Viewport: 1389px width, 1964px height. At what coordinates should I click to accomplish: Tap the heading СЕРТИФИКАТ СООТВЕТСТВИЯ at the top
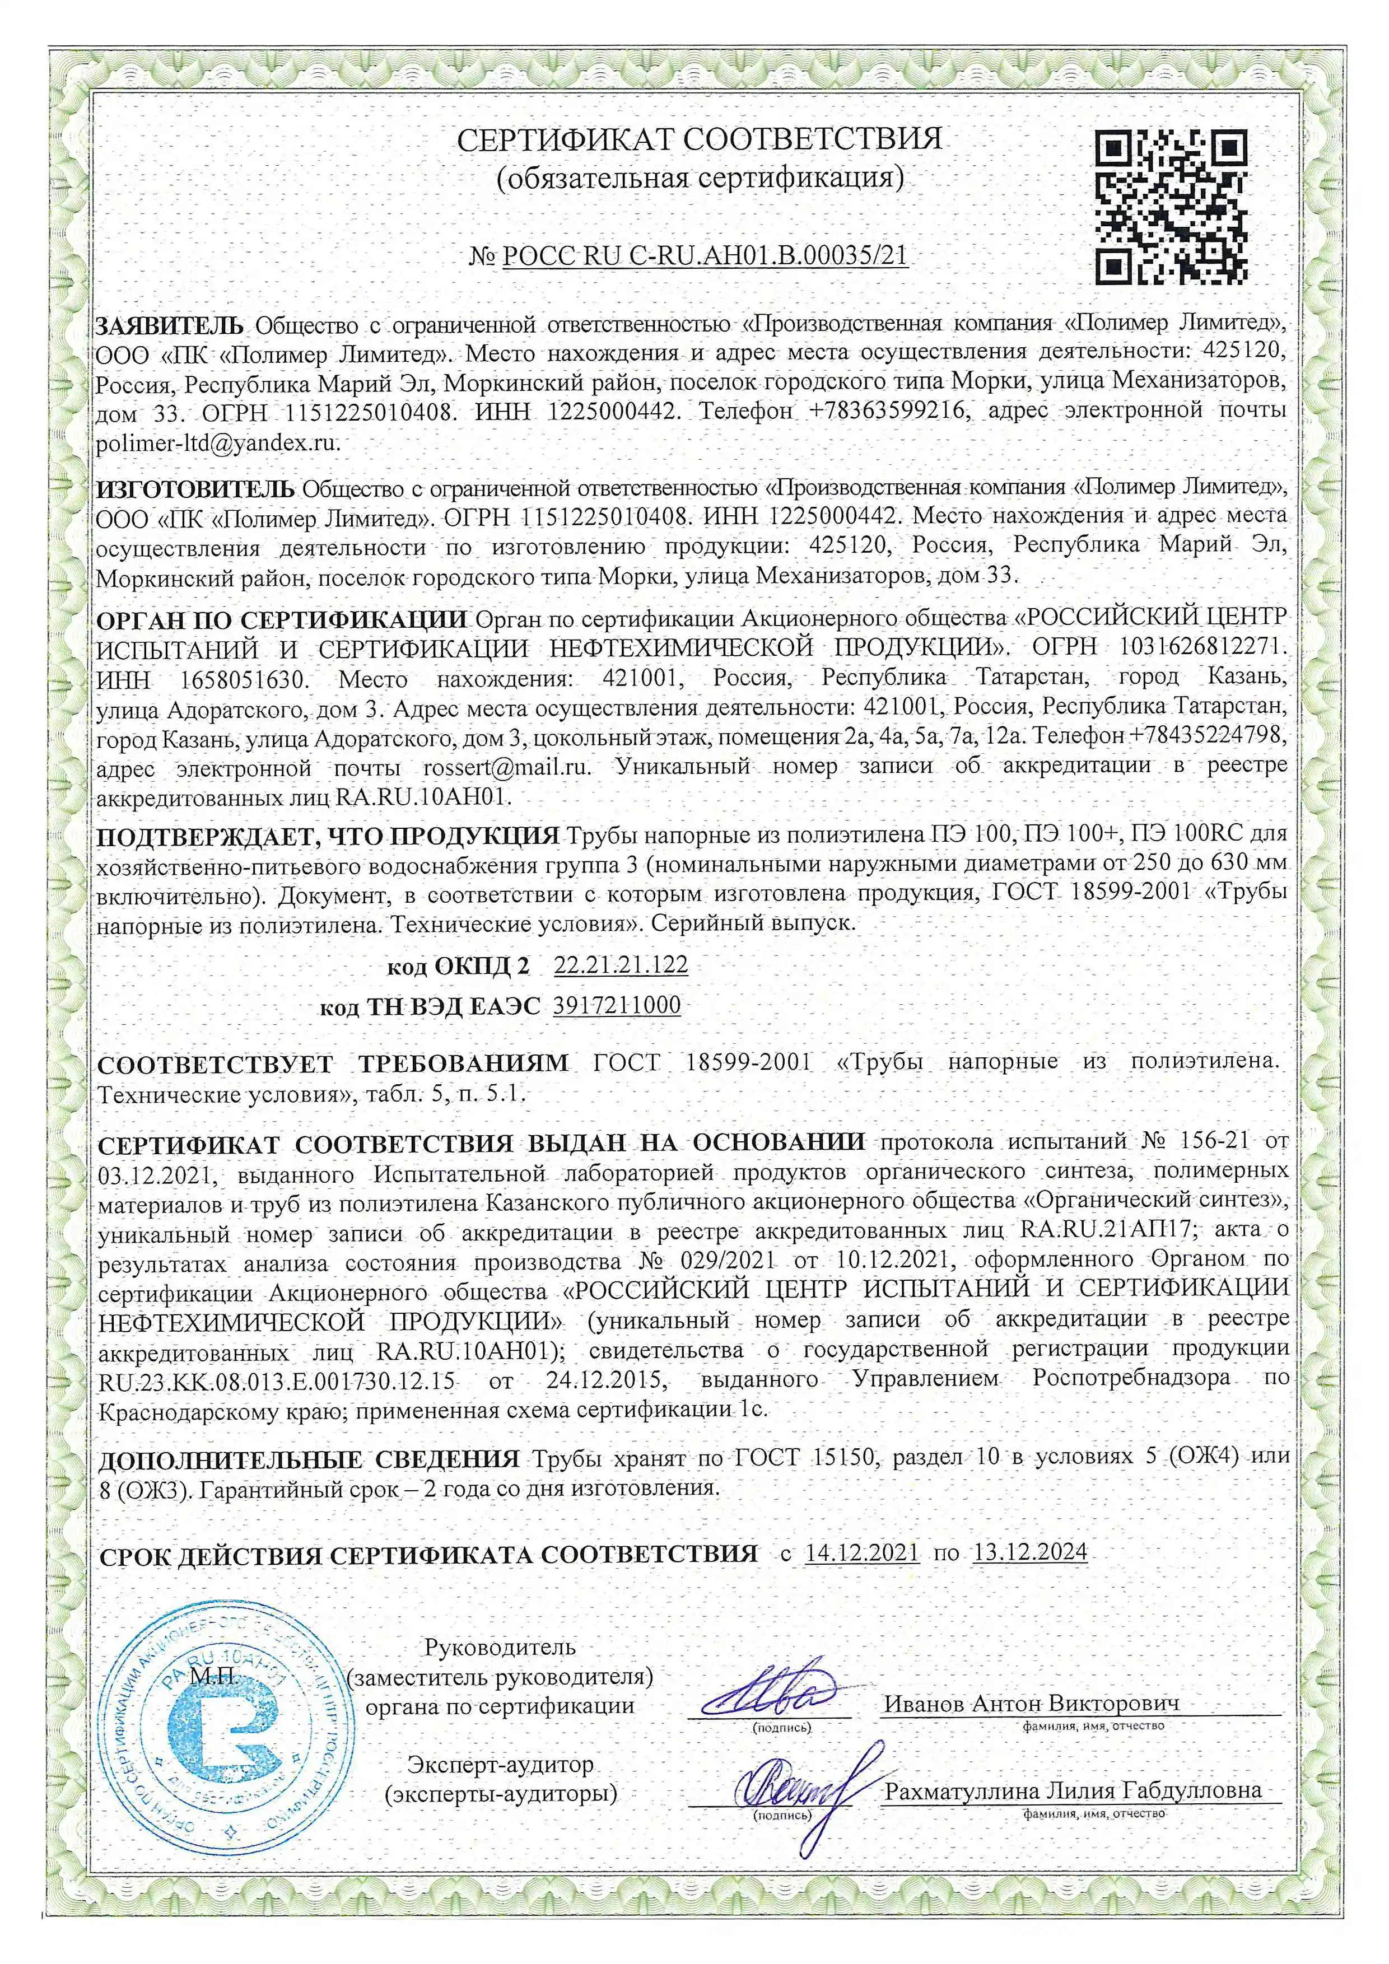699,138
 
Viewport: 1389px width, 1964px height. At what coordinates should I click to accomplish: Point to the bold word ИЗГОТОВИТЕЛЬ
196,489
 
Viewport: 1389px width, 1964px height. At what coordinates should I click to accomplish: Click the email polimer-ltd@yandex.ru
217,443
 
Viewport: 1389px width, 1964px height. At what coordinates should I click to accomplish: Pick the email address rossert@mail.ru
506,767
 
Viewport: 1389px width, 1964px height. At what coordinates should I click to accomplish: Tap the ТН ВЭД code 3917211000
617,1005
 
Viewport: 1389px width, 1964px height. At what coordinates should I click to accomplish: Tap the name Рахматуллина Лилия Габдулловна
1074,1790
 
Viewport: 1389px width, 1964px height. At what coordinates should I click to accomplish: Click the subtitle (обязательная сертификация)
700,178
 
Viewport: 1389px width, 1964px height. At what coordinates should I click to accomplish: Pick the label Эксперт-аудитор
500,1764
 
